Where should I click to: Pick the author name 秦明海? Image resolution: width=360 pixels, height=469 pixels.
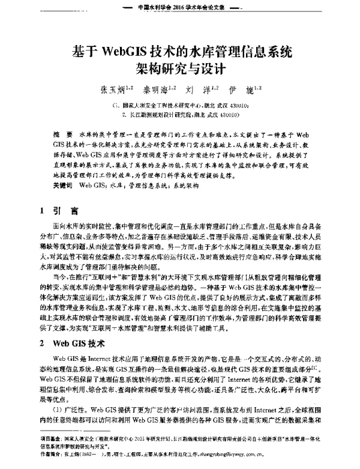click(x=158, y=91)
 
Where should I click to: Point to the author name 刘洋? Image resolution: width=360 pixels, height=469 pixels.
click(x=201, y=91)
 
